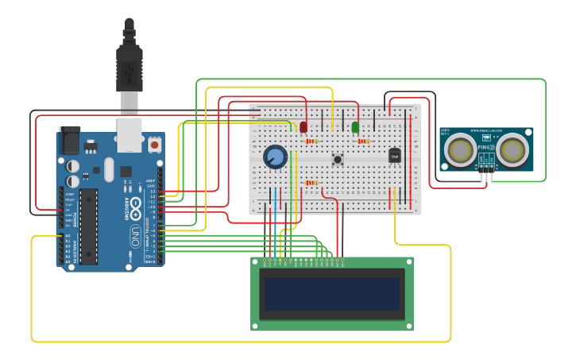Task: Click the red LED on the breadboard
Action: click(303, 126)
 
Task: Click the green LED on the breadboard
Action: click(355, 126)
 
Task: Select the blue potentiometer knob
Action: click(276, 157)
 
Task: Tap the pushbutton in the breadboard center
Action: click(338, 159)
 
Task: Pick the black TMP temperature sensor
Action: click(395, 156)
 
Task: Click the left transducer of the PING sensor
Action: click(460, 150)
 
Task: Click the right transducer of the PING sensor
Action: click(512, 150)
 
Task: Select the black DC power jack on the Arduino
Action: click(69, 141)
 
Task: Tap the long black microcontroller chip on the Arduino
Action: click(88, 226)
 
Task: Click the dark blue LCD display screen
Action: click(332, 293)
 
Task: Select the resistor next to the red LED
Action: click(311, 141)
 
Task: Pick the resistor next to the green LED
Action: click(364, 141)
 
